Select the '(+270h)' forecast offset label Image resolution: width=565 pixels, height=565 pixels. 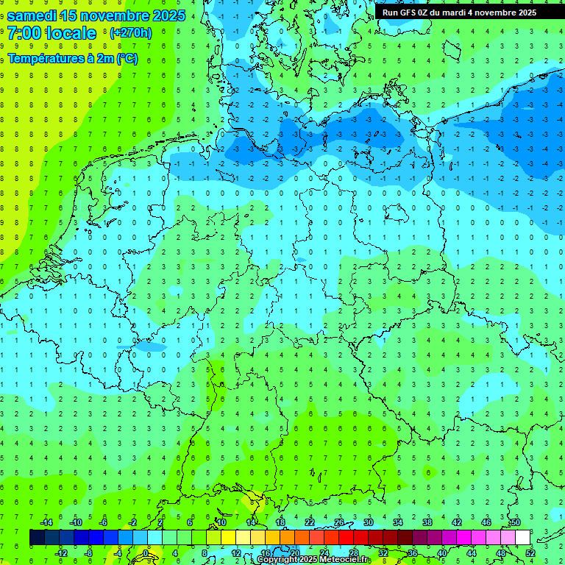130,33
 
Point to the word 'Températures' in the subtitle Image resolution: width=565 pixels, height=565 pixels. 43,59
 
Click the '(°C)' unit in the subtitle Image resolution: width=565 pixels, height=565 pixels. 126,59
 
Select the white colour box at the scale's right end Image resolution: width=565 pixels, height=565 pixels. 522,538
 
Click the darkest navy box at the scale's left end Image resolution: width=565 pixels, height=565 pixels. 37,538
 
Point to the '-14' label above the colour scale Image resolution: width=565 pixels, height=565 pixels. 46,522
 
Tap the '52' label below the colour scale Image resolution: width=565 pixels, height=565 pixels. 530,553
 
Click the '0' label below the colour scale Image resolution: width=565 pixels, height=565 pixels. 146,553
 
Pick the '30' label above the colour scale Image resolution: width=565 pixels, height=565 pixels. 368,522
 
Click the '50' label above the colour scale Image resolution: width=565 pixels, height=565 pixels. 515,522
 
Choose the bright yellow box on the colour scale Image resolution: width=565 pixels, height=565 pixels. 228,538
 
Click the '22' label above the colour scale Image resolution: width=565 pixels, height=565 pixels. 309,522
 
